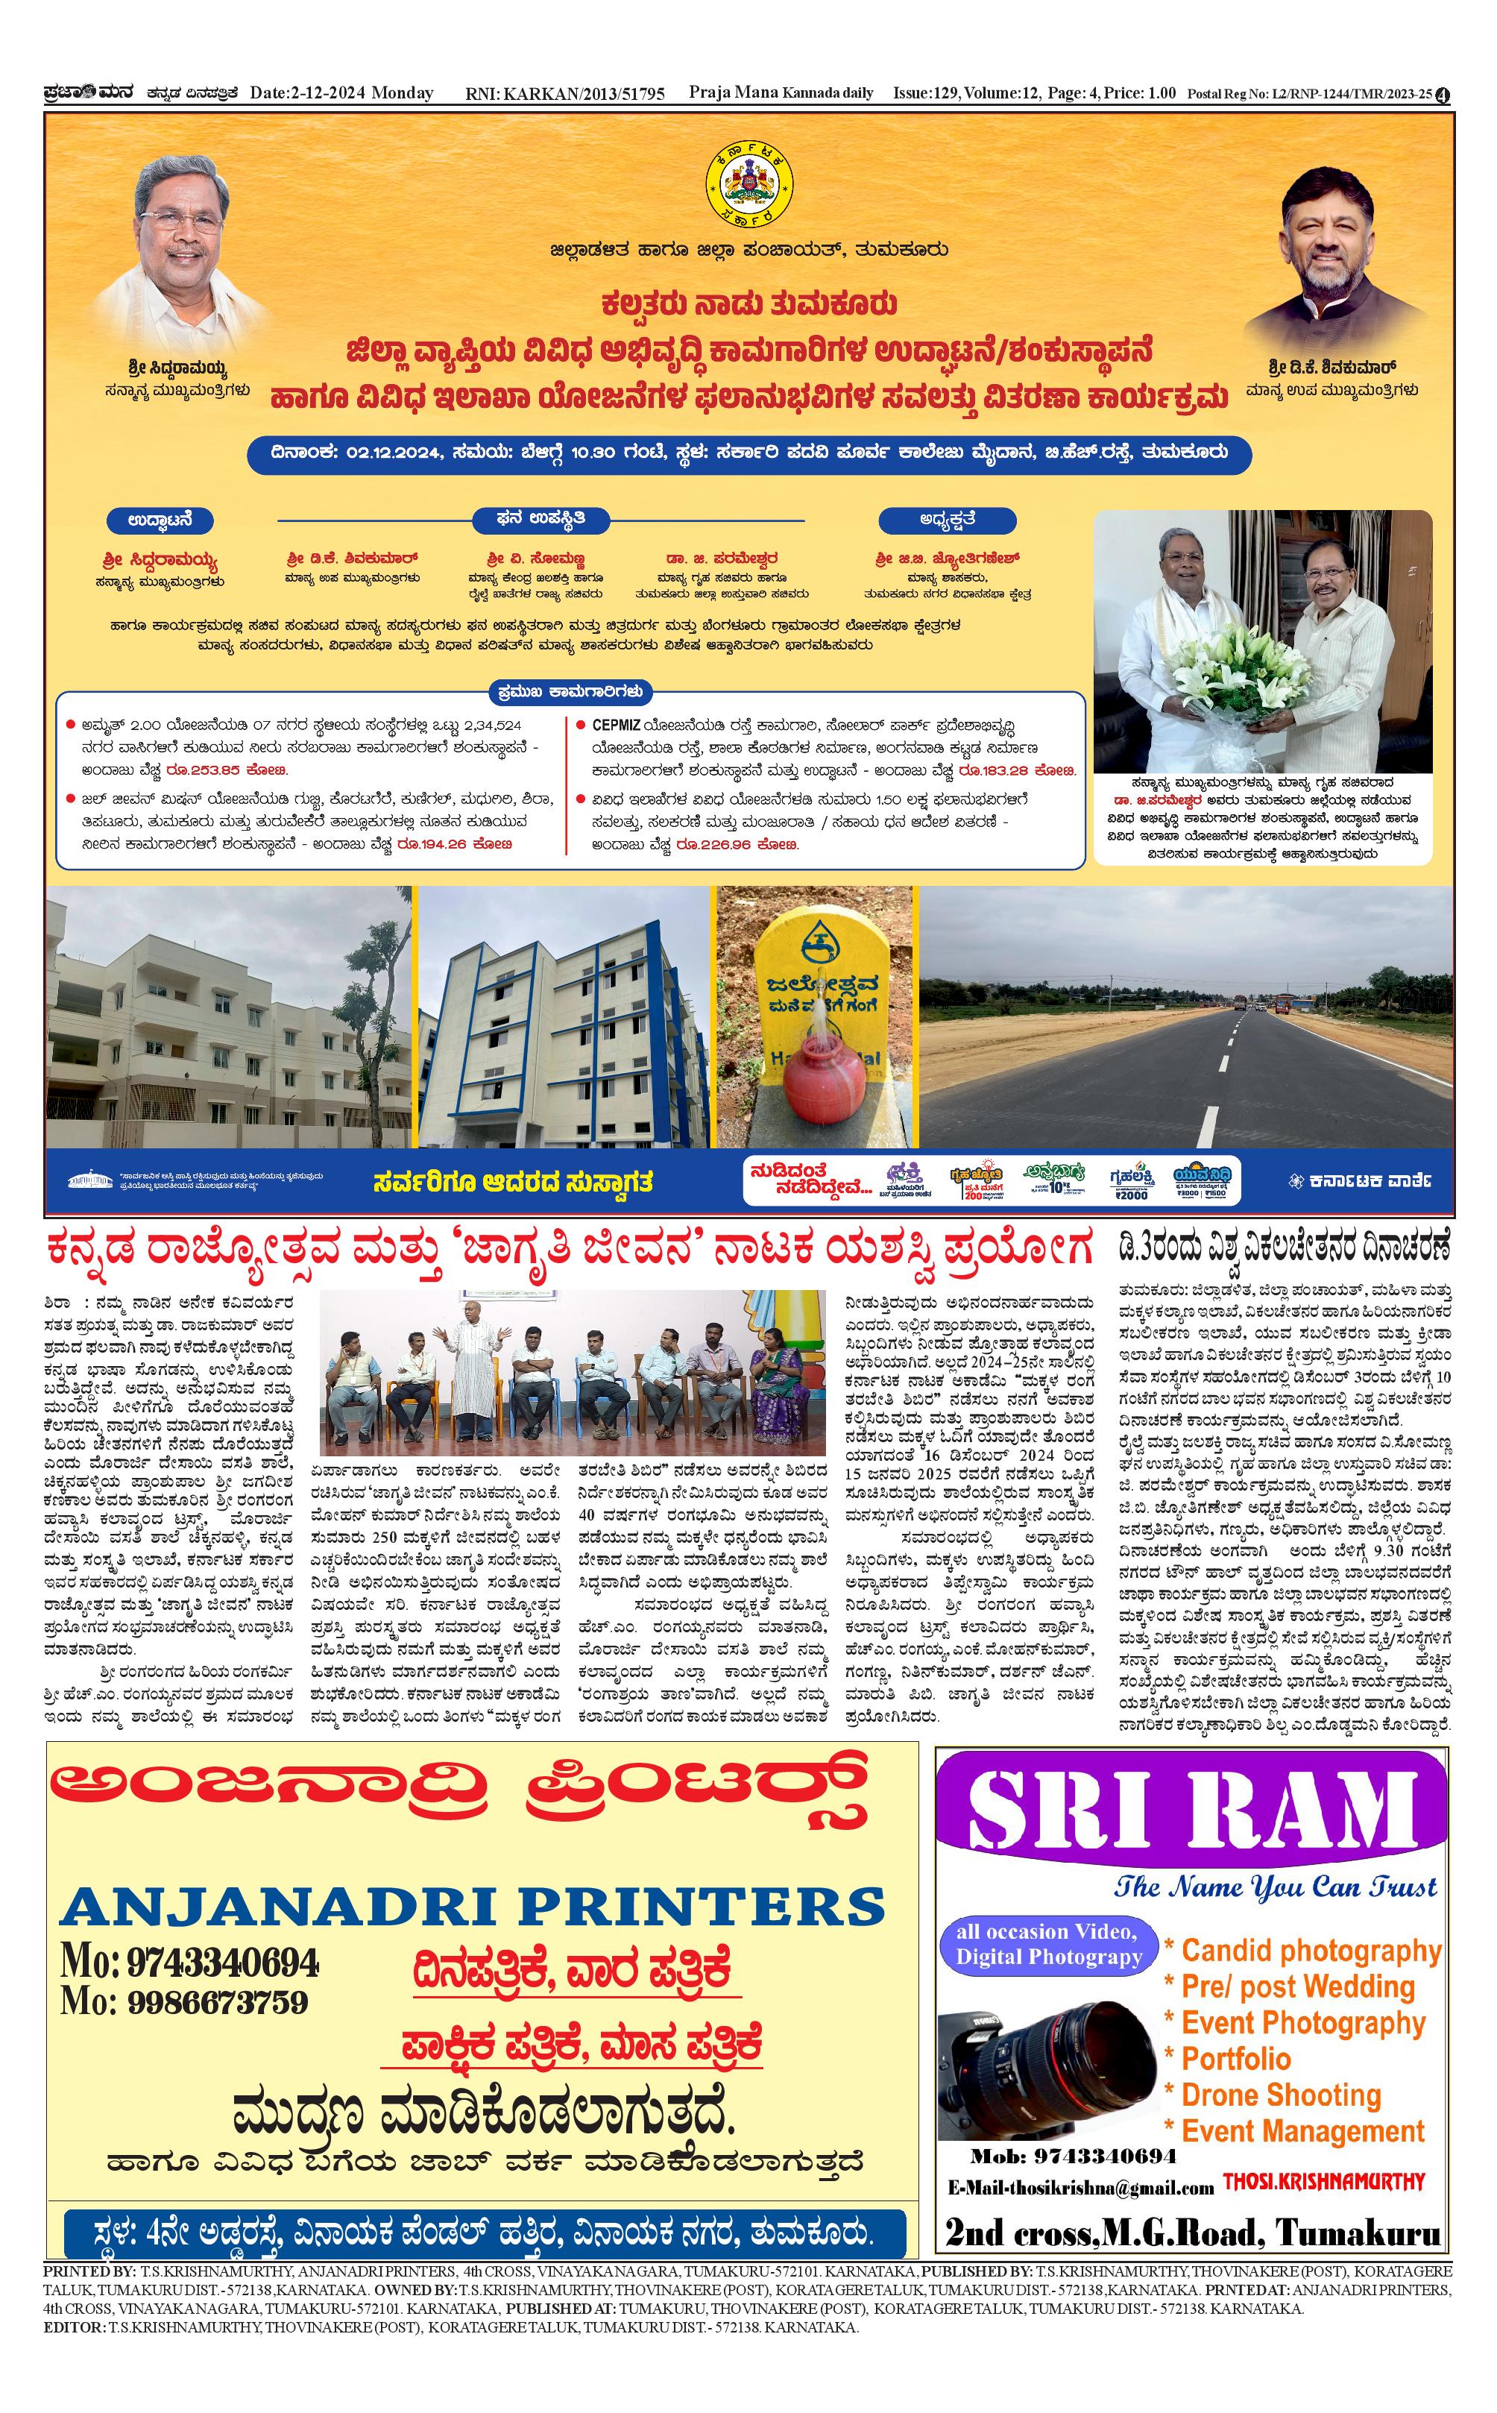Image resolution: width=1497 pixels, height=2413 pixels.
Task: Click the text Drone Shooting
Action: click(x=1281, y=2095)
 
